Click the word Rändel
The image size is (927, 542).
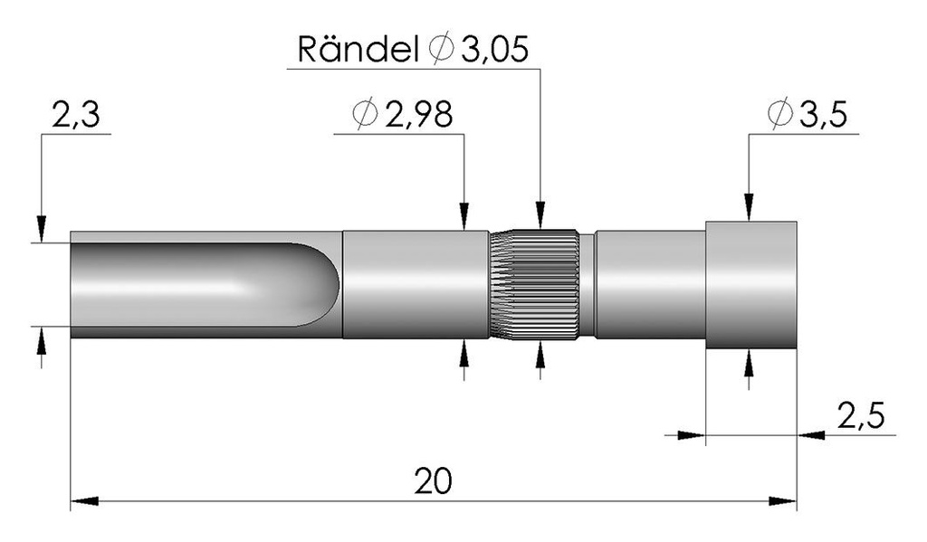(358, 49)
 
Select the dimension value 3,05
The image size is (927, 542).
(495, 49)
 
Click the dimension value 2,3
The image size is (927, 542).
(76, 114)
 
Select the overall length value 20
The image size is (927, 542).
(434, 480)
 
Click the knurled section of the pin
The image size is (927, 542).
(534, 284)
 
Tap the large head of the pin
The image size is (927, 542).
(750, 285)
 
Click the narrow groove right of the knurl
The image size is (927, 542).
(587, 285)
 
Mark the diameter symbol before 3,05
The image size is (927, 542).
(441, 49)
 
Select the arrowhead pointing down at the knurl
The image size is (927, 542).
(540, 214)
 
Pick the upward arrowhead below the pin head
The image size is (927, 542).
(749, 364)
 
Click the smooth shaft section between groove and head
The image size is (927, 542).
(650, 284)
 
